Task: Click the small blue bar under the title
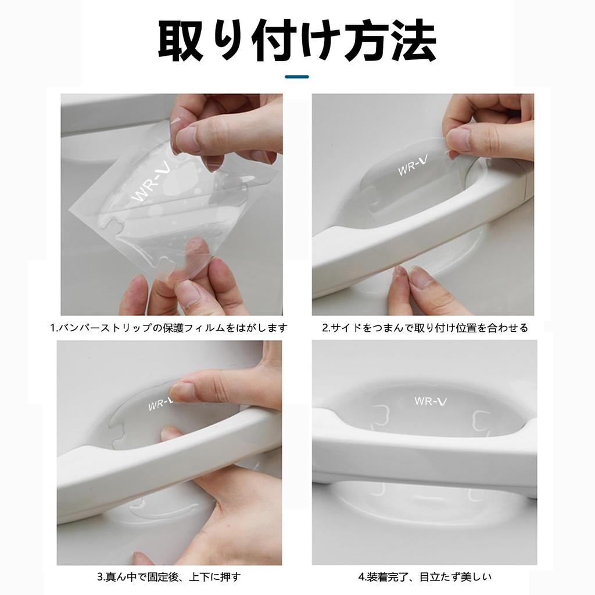[x=297, y=76]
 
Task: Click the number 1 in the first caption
[x=53, y=328]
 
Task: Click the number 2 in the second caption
[x=325, y=328]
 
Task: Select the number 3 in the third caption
[x=100, y=577]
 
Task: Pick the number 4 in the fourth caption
[x=361, y=577]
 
